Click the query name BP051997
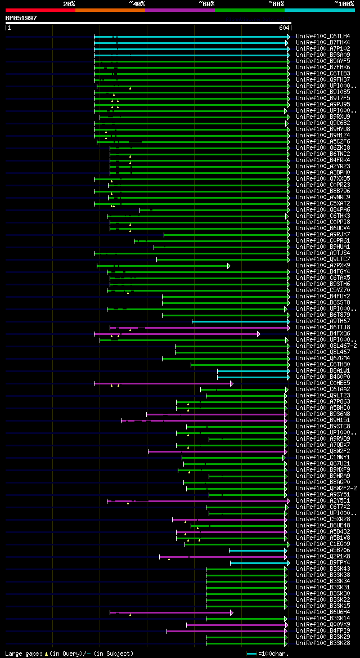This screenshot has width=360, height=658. tap(21, 18)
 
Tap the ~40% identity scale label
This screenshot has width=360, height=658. tap(137, 3)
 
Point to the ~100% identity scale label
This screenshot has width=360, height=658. tap(344, 3)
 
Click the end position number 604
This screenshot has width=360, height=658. tap(284, 28)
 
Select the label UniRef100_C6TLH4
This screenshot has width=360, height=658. tap(323, 36)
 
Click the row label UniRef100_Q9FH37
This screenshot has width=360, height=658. tap(323, 79)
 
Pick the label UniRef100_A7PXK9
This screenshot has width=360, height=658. tap(323, 265)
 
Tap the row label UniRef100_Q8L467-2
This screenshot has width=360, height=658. tap(326, 346)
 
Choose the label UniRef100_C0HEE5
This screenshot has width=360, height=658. tap(323, 383)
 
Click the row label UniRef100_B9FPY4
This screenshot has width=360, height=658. tap(323, 562)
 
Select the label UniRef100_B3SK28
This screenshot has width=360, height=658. tap(323, 643)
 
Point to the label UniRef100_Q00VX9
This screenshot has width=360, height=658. tap(323, 624)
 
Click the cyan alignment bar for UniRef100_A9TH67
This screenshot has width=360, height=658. tap(240, 321)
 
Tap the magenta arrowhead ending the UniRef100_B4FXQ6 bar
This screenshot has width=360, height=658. tap(259, 334)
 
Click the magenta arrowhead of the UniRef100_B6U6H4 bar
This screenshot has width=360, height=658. tap(231, 612)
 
